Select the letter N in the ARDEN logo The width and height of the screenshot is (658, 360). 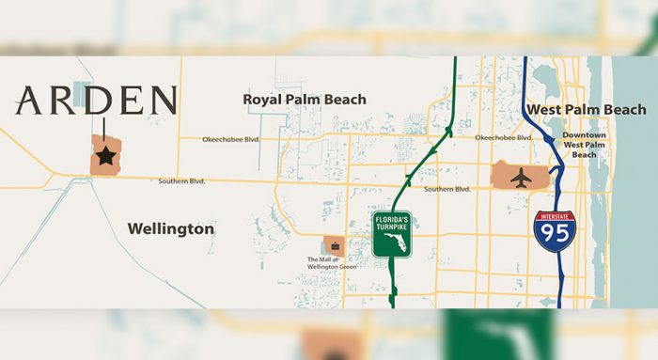coord(161,101)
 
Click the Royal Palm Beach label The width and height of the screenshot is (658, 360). coord(305,99)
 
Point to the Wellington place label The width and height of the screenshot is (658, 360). coord(170,228)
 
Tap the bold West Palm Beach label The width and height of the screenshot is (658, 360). coord(586,110)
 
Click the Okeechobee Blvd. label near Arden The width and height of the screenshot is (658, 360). coord(230,140)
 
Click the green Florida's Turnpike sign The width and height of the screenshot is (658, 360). coord(392,234)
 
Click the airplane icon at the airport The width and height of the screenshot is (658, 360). coord(520,175)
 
